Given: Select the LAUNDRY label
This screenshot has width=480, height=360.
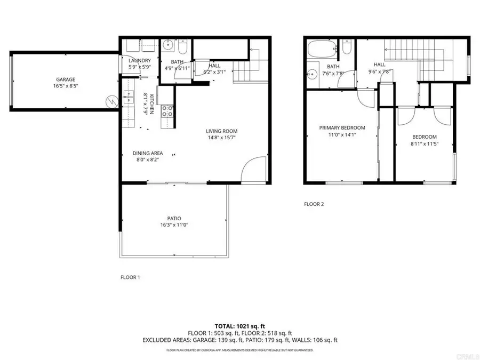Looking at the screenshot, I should click(x=140, y=61).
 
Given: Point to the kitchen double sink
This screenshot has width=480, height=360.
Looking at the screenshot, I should click(x=129, y=97).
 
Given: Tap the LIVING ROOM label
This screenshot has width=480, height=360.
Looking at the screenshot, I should click(x=222, y=131).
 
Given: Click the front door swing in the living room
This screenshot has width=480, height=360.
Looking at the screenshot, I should click(x=253, y=170).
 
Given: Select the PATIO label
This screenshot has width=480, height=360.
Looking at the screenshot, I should click(x=174, y=218).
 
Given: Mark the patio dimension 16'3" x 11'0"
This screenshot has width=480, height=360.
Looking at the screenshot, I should click(x=174, y=225).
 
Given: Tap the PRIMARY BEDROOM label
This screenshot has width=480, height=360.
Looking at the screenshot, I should click(x=342, y=127).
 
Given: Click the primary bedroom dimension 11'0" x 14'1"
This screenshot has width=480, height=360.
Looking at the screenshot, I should click(x=342, y=134).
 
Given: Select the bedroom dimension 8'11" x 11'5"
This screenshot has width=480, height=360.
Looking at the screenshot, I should click(x=424, y=143).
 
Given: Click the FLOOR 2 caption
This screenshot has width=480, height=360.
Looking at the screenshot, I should click(x=314, y=204).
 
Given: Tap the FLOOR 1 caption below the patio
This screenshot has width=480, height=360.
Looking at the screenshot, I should click(x=130, y=277).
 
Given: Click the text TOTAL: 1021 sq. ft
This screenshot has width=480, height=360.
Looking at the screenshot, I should click(x=239, y=325).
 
